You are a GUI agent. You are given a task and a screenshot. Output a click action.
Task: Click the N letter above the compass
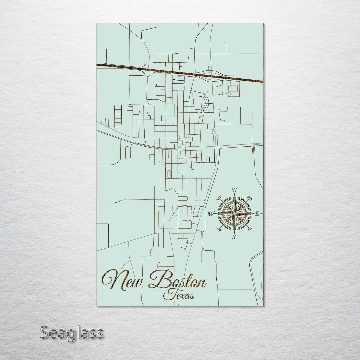coord(235,190)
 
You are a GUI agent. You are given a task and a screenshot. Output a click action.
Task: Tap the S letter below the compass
coord(234,237)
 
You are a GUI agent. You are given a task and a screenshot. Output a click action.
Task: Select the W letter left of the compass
coord(211,214)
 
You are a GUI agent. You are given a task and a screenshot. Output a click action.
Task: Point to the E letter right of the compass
coord(257,214)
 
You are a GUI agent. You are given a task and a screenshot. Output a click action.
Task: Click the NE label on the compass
coord(250,199)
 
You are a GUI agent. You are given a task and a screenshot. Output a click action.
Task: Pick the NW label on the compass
coord(219,199)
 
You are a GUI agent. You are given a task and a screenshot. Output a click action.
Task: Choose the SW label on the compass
coord(219,229)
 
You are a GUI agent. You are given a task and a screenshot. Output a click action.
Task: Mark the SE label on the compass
coord(250,229)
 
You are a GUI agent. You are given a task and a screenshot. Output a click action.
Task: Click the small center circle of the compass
coord(234,213)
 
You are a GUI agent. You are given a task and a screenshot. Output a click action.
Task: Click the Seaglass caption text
coord(72,333)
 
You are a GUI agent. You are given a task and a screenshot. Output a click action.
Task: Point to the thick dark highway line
coord(180,73)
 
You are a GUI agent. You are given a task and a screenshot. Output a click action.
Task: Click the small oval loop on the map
coord(169,174)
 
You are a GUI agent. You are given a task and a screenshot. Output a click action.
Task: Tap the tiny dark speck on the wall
coord(86,141)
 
